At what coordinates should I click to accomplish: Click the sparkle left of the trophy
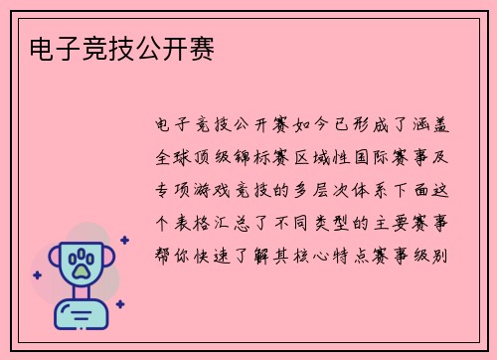(x=37, y=275)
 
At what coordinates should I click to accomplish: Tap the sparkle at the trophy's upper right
(x=123, y=240)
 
